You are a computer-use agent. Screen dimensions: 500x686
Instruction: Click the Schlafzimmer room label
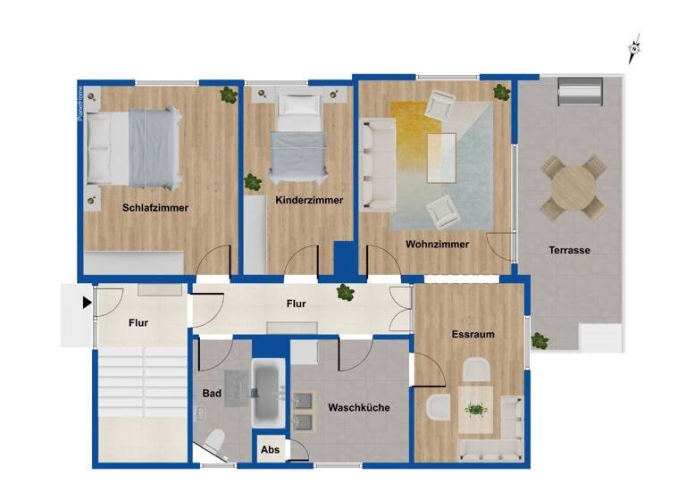click(155, 208)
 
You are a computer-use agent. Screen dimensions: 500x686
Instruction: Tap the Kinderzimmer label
click(309, 200)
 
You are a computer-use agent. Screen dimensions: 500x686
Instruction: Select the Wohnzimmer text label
click(437, 244)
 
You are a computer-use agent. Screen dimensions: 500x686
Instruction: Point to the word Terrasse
click(568, 250)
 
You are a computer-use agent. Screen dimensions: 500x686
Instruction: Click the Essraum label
click(473, 334)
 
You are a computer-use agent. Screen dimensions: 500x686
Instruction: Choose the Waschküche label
click(358, 407)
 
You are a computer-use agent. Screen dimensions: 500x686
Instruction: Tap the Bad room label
click(212, 393)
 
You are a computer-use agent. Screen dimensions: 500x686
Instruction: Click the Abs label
click(270, 450)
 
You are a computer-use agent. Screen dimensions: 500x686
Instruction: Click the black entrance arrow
click(87, 303)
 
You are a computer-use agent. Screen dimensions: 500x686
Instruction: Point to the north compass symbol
click(634, 50)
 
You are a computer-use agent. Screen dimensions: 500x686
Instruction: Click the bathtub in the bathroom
click(266, 393)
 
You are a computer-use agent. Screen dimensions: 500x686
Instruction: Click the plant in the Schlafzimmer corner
click(229, 94)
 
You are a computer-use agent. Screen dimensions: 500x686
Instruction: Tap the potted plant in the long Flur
click(344, 292)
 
